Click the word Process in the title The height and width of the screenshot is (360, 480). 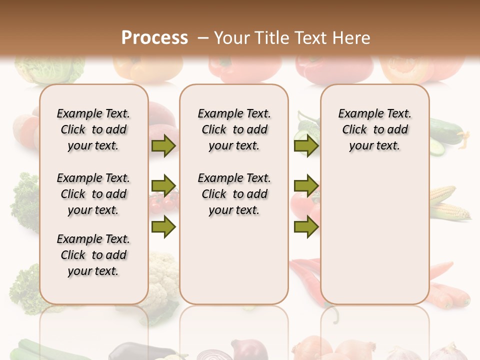154,37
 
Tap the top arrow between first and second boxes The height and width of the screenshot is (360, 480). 163,146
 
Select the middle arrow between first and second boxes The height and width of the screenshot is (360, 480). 163,186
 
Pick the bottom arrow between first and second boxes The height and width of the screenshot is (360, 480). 163,227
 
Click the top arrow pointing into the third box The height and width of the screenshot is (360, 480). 306,146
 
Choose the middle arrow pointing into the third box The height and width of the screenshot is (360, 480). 306,186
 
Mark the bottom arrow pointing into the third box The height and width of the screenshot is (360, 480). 306,227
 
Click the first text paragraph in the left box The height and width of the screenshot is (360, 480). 93,129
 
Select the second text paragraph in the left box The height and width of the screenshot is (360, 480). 93,194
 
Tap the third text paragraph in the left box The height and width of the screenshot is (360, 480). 93,255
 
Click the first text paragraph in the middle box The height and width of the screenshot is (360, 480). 234,129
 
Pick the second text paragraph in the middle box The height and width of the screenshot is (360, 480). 234,194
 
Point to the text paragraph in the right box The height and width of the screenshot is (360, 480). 374,129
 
